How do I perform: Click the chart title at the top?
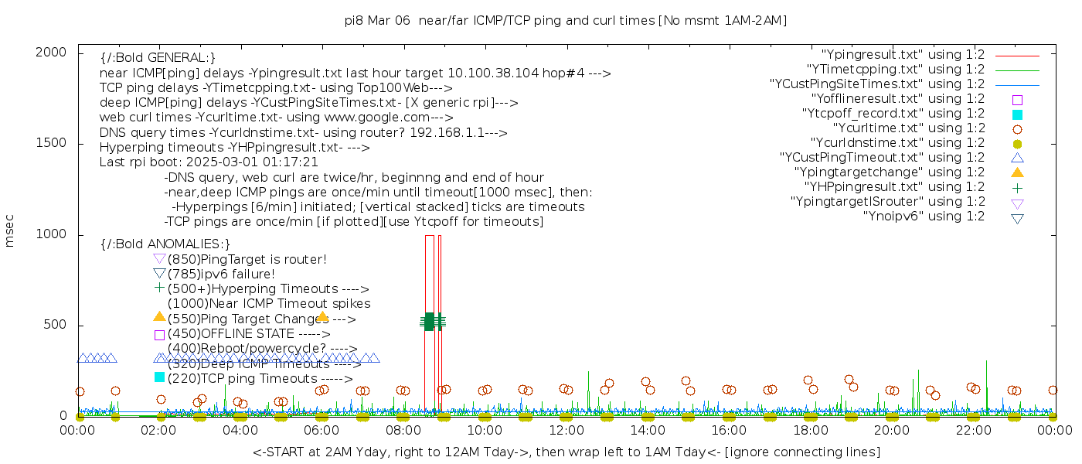point(566,21)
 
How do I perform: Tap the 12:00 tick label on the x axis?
point(567,429)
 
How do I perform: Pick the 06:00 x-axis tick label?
point(322,429)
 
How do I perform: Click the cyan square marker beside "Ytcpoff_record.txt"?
point(1017,114)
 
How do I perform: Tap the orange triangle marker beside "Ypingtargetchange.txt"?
point(1017,172)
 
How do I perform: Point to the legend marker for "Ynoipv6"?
point(1017,217)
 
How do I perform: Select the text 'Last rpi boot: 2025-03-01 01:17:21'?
point(209,162)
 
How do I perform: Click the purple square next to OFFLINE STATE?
point(159,335)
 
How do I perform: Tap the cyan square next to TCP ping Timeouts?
point(159,377)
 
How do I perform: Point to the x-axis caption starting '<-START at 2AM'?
point(566,452)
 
